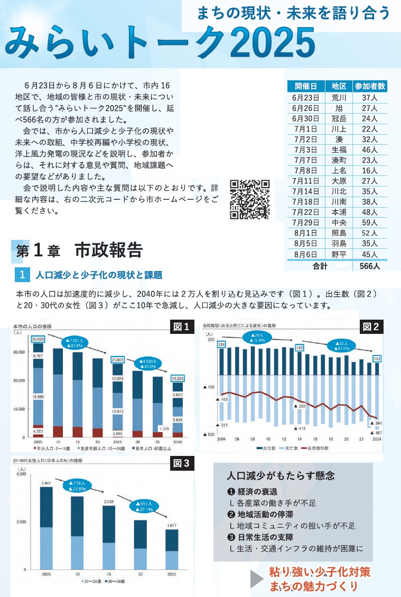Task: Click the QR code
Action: (249, 200)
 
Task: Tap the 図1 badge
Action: (181, 327)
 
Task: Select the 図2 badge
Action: (370, 327)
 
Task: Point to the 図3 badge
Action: (181, 464)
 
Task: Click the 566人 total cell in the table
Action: (370, 266)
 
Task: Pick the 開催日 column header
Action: (306, 86)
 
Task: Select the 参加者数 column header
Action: (370, 86)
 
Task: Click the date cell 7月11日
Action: (306, 181)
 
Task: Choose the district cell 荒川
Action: (339, 98)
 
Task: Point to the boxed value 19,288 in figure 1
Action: (178, 378)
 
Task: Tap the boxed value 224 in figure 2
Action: (221, 344)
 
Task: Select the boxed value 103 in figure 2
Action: (377, 359)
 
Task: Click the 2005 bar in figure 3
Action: (46, 528)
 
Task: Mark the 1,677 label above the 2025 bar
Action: (171, 526)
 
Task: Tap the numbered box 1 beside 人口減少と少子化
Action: (22, 275)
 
